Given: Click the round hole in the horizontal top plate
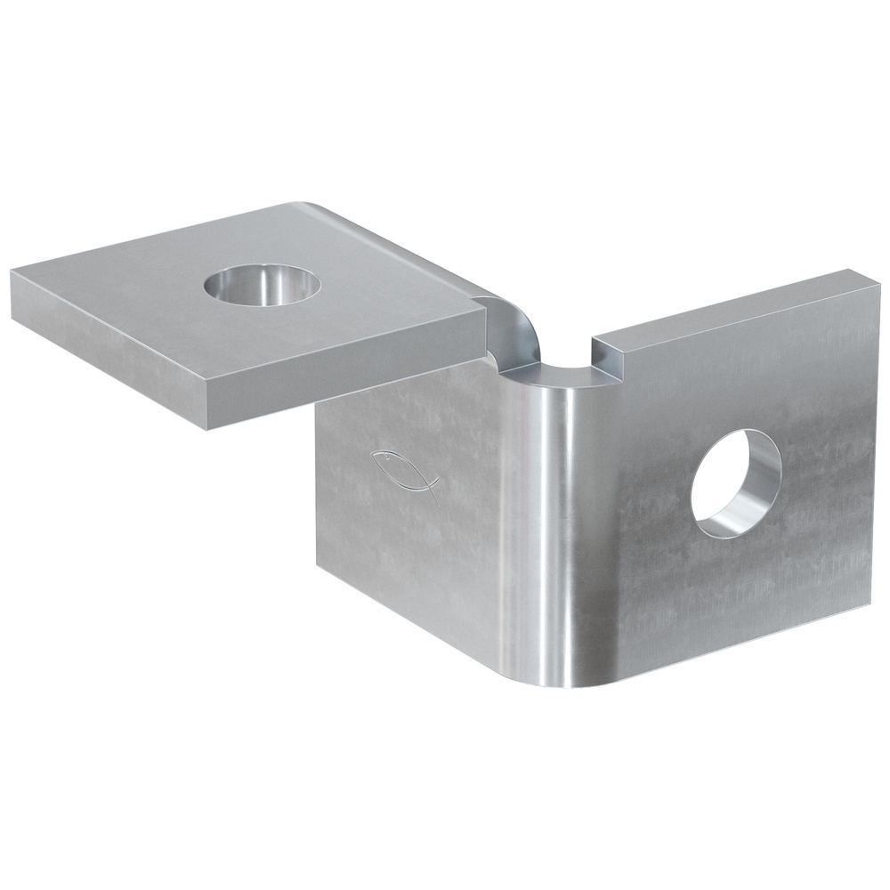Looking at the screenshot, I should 262,285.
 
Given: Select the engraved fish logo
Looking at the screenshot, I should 406,474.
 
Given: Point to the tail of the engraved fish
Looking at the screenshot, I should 433,489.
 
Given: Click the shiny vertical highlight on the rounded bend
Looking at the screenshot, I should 557,534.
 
